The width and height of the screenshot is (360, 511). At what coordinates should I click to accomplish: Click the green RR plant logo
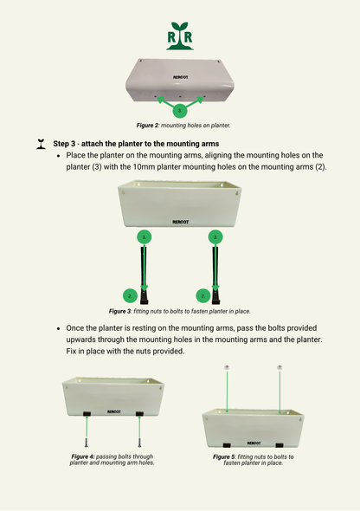point(180,36)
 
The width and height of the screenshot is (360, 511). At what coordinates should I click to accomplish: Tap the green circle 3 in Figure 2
point(180,111)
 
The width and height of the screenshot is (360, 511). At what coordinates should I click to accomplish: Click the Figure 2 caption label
point(139,126)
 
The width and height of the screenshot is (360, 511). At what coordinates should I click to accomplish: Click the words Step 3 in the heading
point(68,143)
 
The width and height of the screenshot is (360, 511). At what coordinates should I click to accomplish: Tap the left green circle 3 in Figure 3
point(145,236)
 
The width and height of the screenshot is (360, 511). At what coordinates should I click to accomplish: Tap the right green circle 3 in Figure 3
point(215,236)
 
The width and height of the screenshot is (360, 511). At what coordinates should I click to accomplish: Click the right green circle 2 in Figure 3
point(202,295)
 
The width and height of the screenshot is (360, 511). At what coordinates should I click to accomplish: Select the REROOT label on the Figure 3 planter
point(180,221)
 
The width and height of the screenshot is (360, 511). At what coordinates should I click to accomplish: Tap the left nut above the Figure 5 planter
point(227,367)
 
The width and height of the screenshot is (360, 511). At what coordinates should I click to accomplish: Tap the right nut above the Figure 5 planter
point(280,367)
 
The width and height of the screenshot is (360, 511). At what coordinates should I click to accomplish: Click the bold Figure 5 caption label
point(228,456)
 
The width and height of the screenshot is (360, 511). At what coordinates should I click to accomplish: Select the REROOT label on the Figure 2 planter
point(180,77)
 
